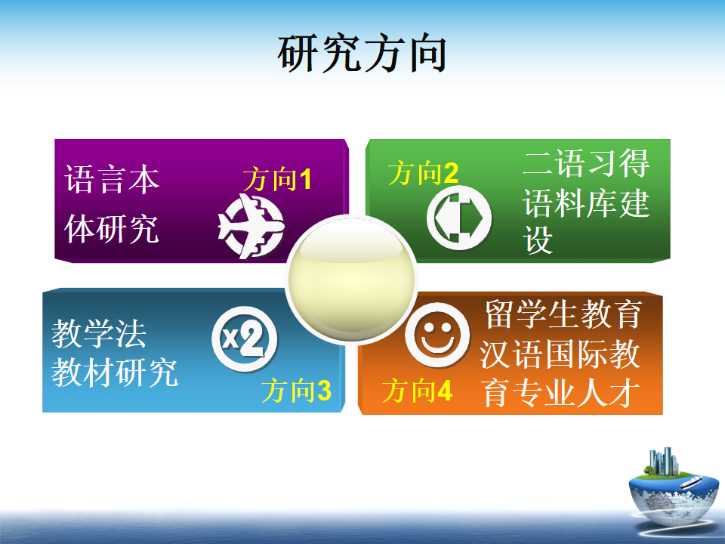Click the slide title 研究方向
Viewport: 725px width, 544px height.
tap(362, 54)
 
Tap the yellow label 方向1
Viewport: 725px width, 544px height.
tap(277, 179)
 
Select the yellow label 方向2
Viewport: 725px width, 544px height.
tap(423, 173)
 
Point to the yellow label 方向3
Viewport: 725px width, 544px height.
tap(296, 391)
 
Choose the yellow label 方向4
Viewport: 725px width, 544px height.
tap(417, 390)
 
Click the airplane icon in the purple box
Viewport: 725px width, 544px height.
tap(251, 226)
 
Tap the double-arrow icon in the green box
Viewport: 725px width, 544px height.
tap(458, 218)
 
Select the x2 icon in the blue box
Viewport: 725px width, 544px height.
tap(245, 339)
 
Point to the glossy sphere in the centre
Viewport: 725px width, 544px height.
tap(351, 280)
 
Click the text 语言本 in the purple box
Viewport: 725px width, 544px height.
tap(112, 179)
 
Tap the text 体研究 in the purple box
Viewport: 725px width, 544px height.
tap(112, 228)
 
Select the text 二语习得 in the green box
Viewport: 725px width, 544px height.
tap(586, 163)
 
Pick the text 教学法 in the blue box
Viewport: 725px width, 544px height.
tap(99, 333)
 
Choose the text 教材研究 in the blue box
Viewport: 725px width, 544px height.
tap(115, 372)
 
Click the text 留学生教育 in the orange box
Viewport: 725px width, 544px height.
tap(563, 314)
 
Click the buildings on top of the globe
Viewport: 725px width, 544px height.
tap(664, 461)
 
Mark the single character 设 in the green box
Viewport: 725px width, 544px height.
tap(538, 240)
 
